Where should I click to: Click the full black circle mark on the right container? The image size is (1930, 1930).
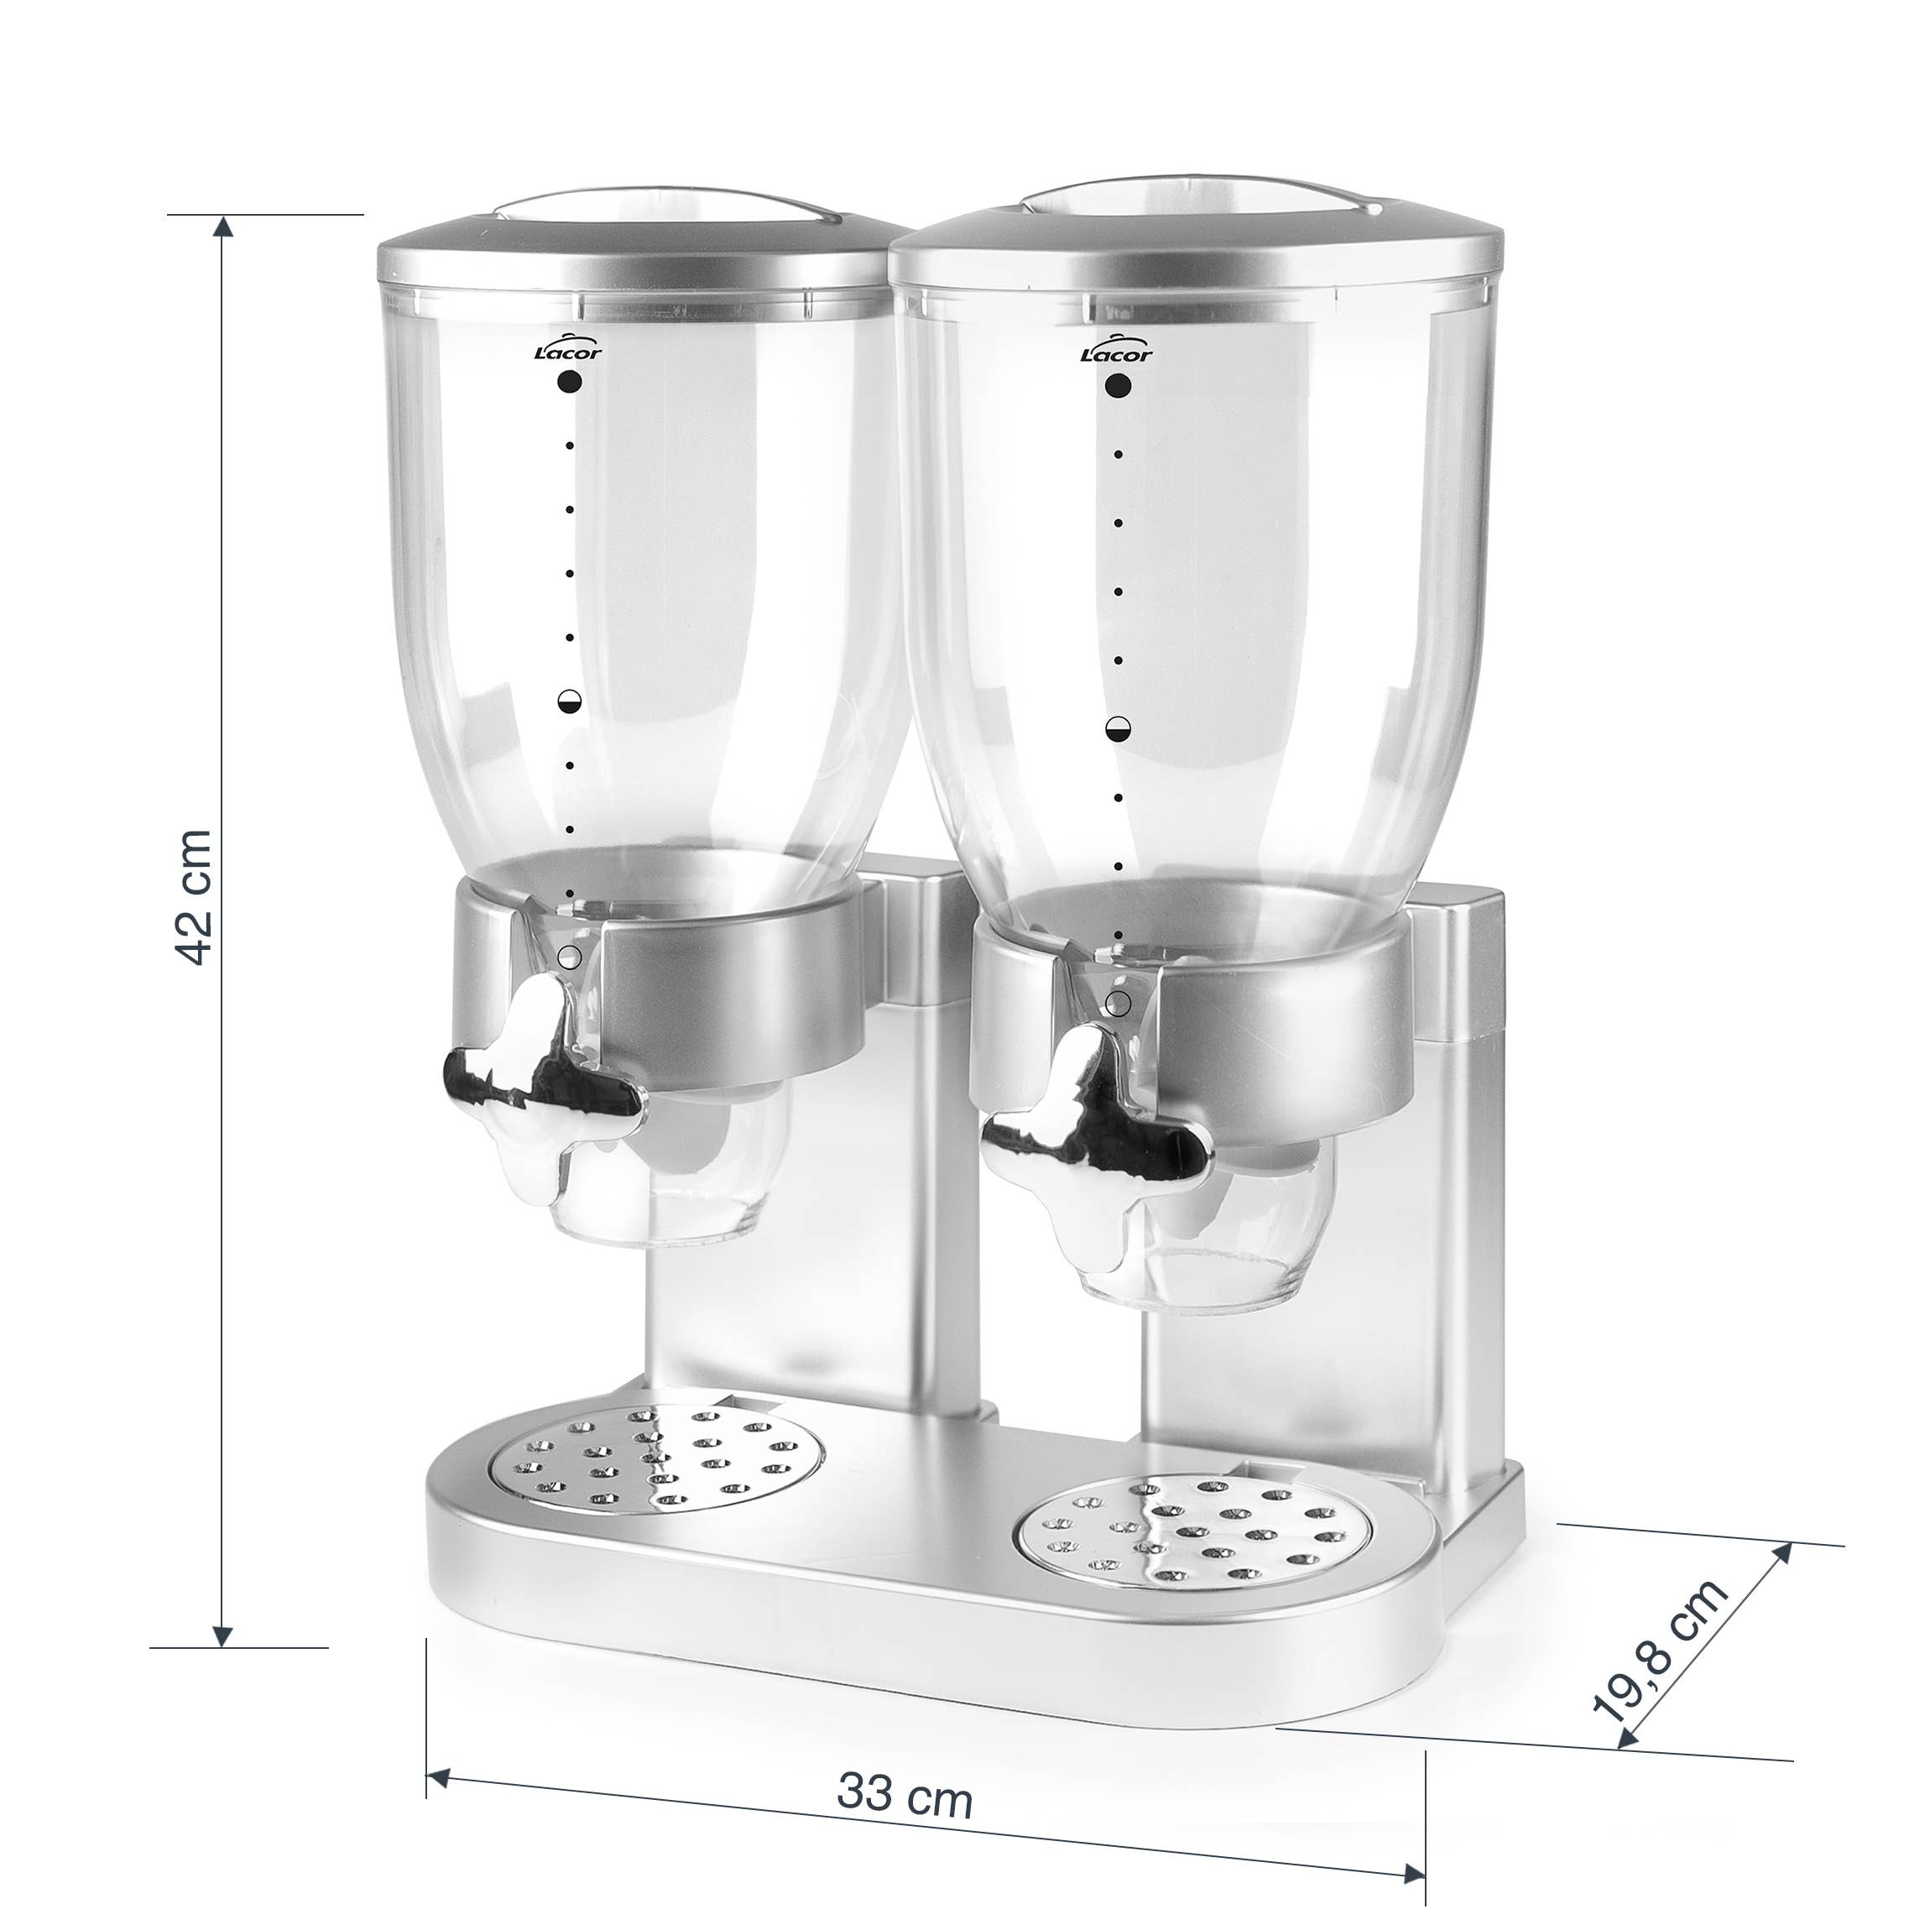pos(1118,386)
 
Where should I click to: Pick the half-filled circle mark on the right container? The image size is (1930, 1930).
pos(1118,729)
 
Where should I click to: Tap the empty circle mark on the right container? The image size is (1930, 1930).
pos(1118,1003)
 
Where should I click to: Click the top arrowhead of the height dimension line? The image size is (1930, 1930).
pos(225,226)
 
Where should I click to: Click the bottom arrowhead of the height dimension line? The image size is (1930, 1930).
pos(224,1635)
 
